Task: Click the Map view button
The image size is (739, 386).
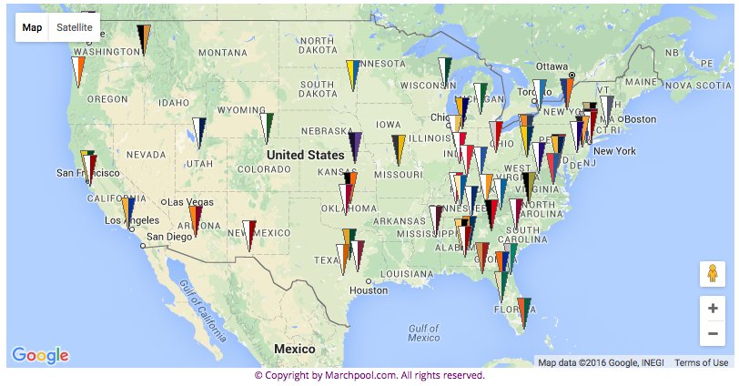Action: [x=33, y=27]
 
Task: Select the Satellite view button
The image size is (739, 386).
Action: [x=74, y=27]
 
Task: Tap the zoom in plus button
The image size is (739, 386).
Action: [x=712, y=308]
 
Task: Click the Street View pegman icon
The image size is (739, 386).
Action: [x=712, y=273]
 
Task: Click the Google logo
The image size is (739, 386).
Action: [x=40, y=355]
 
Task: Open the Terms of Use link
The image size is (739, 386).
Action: [x=701, y=362]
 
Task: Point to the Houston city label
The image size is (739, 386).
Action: [x=368, y=290]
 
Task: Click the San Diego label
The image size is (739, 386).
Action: [x=169, y=237]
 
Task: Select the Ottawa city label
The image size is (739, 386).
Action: [x=552, y=66]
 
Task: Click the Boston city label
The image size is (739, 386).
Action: [x=640, y=119]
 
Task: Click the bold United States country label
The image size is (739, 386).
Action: [x=306, y=155]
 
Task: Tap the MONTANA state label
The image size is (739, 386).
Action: [x=222, y=53]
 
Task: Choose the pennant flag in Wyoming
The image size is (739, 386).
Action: [x=268, y=126]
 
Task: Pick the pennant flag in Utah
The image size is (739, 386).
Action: [x=198, y=131]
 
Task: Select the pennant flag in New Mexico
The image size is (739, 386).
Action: [x=248, y=233]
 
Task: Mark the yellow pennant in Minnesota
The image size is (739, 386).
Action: [x=352, y=73]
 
